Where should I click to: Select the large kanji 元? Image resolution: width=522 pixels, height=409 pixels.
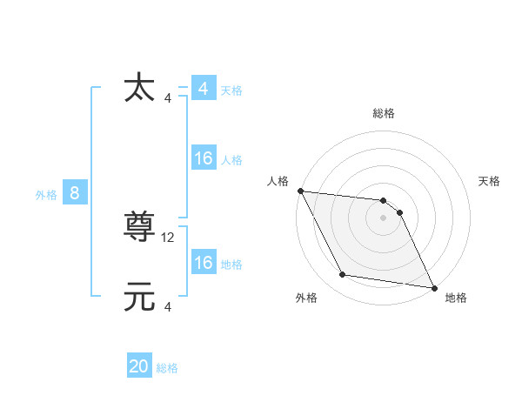click(x=140, y=298)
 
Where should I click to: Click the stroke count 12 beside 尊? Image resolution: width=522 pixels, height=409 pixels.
click(x=169, y=237)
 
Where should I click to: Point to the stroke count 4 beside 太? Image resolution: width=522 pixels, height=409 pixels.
click(x=168, y=97)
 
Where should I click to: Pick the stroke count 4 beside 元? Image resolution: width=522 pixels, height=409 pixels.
click(x=168, y=307)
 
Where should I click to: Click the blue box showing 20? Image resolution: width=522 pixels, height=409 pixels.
click(x=139, y=366)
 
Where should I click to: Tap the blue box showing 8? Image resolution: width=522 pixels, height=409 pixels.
click(x=75, y=193)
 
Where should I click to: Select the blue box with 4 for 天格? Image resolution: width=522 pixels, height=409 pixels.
click(x=203, y=89)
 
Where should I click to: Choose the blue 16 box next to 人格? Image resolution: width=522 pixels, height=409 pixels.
click(x=203, y=158)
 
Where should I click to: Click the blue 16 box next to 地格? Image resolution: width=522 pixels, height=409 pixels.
click(x=203, y=263)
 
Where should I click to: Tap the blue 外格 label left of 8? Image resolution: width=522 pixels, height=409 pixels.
click(x=46, y=195)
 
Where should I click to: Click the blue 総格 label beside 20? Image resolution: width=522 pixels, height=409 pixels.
click(x=167, y=368)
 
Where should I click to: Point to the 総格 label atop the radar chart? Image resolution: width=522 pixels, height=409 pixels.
click(x=384, y=113)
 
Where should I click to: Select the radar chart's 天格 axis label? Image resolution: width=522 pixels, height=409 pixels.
click(x=490, y=181)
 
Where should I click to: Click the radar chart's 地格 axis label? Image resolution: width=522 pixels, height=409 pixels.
click(x=456, y=298)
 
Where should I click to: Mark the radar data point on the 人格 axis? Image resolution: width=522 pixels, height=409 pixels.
click(x=300, y=191)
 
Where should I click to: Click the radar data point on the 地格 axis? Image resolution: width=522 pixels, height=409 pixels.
click(x=433, y=286)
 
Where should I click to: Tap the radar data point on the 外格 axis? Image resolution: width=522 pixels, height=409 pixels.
click(x=343, y=275)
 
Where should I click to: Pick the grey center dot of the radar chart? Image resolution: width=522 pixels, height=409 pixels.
click(x=384, y=218)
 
